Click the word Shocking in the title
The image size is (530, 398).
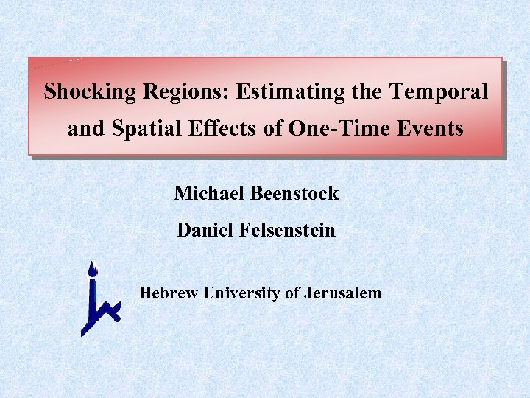coord(91,93)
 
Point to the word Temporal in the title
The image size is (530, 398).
coord(439,93)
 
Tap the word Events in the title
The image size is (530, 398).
coord(429,129)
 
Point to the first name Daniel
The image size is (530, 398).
coord(205,231)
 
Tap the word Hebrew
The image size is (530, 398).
coord(169,293)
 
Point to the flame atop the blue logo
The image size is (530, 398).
coord(91,269)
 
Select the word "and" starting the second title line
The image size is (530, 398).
coord(86,129)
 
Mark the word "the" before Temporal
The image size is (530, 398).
coord(367,93)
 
